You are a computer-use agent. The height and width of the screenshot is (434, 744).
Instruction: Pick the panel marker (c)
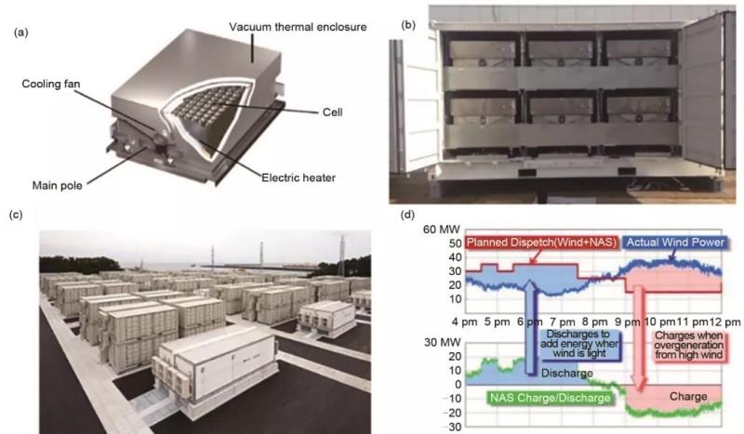(x=16, y=215)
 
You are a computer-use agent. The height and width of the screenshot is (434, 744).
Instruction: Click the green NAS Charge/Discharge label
(x=549, y=397)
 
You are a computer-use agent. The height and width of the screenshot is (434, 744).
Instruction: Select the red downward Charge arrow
(x=639, y=335)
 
